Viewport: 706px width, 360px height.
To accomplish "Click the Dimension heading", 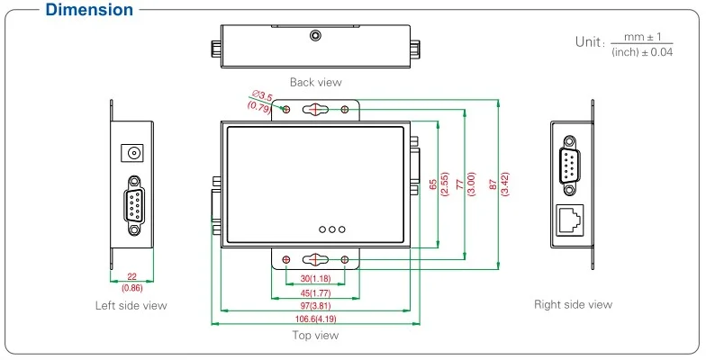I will click(x=77, y=11).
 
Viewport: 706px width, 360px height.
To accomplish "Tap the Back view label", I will click(x=315, y=83).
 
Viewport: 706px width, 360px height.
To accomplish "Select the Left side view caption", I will click(x=131, y=305).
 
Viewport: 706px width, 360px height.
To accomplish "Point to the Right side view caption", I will click(x=573, y=304).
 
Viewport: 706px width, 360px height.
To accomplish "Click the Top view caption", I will click(x=315, y=336).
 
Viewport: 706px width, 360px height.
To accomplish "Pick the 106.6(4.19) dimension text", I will click(x=314, y=319).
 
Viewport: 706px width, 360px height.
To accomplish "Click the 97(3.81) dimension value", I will click(x=314, y=307).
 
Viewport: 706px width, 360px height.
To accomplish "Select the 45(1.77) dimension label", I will click(x=314, y=292).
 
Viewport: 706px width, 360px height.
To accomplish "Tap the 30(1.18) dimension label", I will click(x=314, y=278).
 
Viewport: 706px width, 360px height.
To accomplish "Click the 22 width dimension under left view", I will click(x=131, y=278).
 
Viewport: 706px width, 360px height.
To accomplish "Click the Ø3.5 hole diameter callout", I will click(x=262, y=95).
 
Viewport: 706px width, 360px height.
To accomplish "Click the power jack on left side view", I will click(x=134, y=153).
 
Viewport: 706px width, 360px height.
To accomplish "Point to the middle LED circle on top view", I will click(x=331, y=229).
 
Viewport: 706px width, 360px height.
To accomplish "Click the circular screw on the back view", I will click(x=314, y=36).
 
